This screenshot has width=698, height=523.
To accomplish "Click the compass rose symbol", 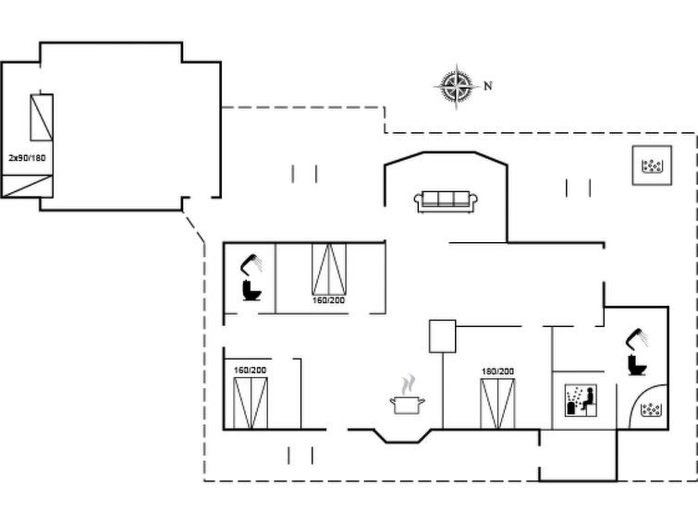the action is coord(457,86).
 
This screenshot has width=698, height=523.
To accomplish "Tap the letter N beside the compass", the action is coord(488,86).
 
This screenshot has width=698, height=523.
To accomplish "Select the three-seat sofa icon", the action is coord(446,201).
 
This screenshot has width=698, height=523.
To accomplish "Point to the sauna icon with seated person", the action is coord(581,401).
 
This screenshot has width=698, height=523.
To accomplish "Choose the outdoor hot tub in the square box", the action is coord(652,165).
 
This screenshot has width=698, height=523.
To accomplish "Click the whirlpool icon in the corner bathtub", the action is coord(650,409).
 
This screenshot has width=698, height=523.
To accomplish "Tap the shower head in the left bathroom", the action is coord(251,263).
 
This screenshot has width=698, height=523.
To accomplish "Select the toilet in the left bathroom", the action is coord(251,290).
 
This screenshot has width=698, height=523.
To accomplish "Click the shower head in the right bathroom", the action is coord(637,338).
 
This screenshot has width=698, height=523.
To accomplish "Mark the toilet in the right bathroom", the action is coord(637,365).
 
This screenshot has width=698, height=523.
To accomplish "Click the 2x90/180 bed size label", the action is coord(27,158).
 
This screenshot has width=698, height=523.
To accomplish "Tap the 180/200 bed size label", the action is coord(497,371).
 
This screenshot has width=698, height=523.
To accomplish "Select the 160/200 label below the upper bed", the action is coord(328,300).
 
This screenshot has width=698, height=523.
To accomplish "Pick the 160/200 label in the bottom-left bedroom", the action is coord(251,370).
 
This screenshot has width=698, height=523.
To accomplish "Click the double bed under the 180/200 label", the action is coord(497,404).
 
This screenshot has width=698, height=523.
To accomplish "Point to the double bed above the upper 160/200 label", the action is coord(329,269).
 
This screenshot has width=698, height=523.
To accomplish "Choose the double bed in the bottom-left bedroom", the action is coord(251,403).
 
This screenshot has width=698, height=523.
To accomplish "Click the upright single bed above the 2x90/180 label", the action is coord(42,117).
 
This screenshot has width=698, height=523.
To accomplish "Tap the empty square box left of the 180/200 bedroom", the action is coord(443,336).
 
